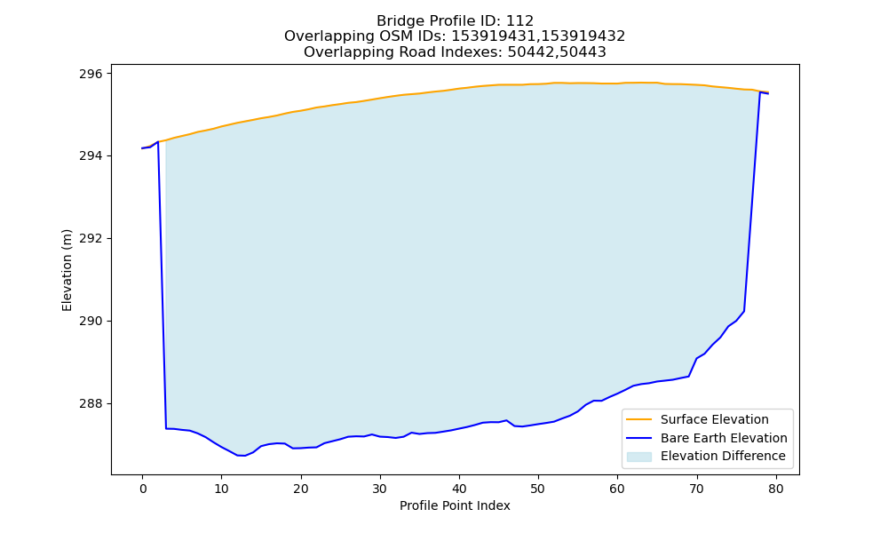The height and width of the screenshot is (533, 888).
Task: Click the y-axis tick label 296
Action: click(91, 74)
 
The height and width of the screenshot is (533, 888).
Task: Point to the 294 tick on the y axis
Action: click(91, 155)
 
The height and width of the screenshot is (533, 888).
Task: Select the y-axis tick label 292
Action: click(91, 238)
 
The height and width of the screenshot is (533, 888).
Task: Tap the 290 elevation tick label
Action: click(91, 322)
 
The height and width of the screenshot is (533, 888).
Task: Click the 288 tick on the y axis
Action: click(91, 404)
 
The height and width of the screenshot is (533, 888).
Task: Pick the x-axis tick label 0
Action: click(143, 489)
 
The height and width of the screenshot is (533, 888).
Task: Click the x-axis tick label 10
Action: click(221, 489)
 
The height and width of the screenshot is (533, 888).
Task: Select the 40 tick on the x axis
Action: click(459, 489)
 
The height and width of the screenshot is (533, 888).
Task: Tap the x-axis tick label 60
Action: click(618, 489)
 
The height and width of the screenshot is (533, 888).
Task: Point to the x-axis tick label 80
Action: click(776, 489)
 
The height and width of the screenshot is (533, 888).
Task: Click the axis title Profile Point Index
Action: click(455, 505)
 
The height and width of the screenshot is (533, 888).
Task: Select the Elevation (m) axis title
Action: click(67, 270)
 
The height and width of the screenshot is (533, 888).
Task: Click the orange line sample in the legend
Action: click(638, 419)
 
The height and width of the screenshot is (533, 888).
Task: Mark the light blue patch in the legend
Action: click(638, 456)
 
